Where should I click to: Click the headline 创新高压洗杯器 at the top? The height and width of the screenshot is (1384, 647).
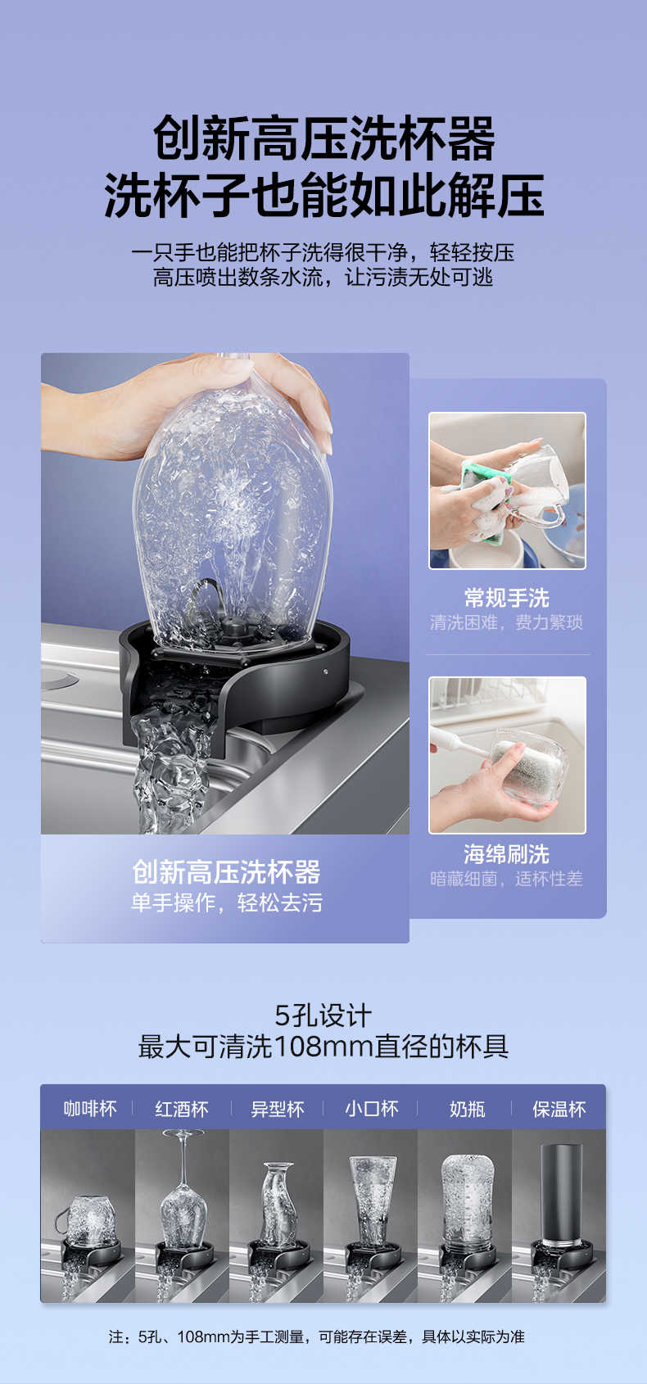323,138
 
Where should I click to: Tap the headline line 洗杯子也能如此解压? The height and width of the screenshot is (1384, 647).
323,195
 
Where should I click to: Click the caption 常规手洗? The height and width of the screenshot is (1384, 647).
507,598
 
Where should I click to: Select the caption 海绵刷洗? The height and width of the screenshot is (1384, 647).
507,854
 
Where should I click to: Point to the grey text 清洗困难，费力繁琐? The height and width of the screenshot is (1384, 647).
507,622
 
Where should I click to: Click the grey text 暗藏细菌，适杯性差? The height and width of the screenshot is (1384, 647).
507,879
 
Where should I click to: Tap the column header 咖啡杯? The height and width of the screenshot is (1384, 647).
89,1109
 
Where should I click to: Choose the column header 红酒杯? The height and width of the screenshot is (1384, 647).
182,1109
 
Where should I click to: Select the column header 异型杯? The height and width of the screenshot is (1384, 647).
278,1109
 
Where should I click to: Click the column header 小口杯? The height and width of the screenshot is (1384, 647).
371,1109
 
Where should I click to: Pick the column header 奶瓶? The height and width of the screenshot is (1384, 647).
467,1109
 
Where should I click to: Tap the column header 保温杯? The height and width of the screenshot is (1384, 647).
559,1109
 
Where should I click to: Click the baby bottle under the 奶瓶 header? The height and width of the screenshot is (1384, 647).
468,1199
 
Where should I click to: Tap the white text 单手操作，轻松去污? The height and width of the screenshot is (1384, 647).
227,902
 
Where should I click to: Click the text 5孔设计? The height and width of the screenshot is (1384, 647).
323,1015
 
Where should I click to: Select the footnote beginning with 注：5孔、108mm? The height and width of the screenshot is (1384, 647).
316,1337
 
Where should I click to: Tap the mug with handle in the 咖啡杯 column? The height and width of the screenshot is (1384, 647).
88,1220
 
